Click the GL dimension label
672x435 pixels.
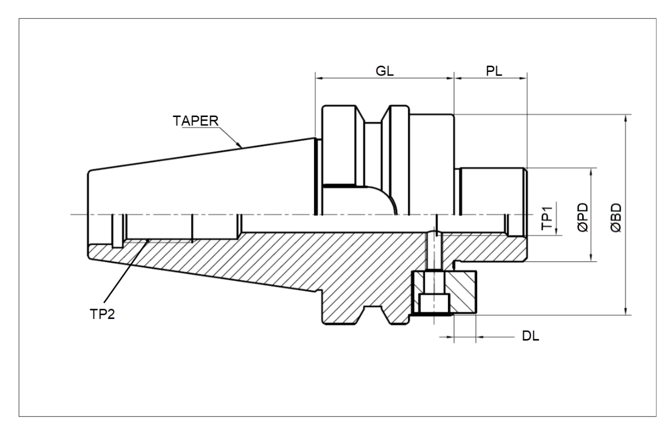[385, 71]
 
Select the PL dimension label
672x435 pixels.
[493, 71]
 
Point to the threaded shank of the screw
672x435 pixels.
[435, 252]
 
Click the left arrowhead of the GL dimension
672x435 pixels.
[318, 79]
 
